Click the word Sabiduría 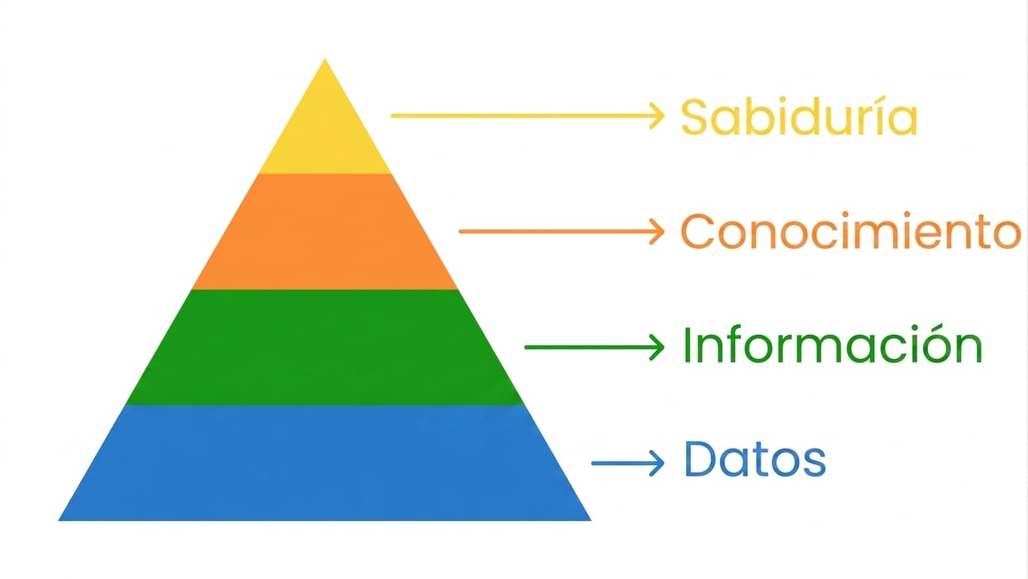click(799, 117)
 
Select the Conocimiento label click(851, 231)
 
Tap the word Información click(832, 345)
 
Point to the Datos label click(755, 459)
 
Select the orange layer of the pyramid click(325, 231)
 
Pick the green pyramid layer click(325, 348)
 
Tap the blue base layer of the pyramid click(325, 463)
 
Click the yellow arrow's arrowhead click(657, 116)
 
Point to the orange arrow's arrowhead click(657, 231)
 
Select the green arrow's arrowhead click(657, 348)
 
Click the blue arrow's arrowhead click(657, 463)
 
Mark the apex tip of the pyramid click(325, 59)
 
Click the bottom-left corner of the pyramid click(59, 521)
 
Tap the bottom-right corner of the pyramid click(590, 521)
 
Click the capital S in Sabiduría click(695, 117)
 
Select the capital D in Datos click(701, 459)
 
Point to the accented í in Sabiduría click(874, 117)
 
